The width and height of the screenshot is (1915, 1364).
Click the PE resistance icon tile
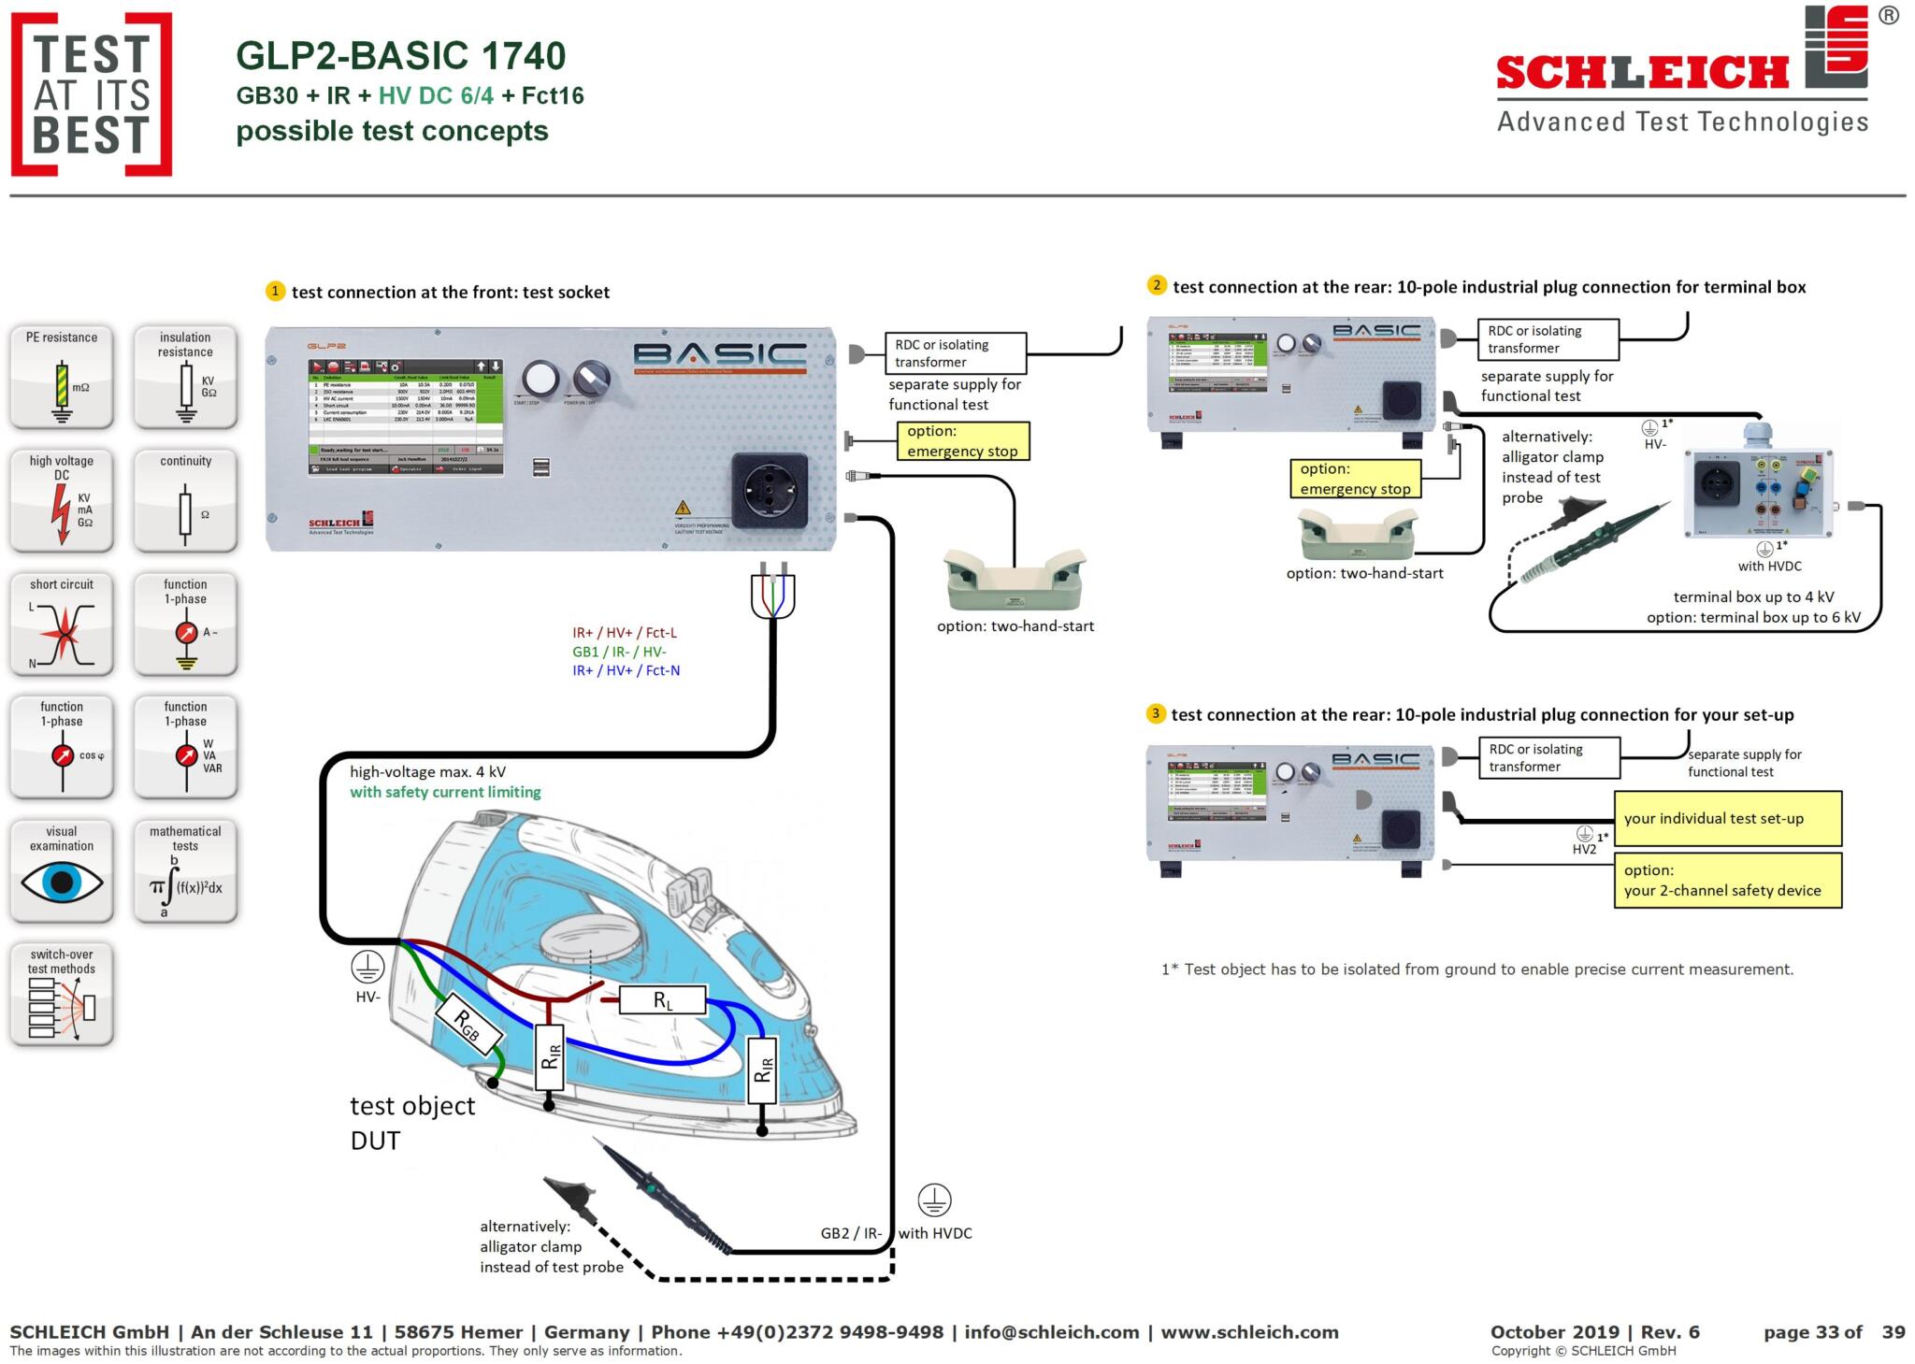[62, 376]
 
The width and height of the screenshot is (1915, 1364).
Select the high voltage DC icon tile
[62, 499]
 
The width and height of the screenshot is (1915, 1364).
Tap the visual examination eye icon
[62, 882]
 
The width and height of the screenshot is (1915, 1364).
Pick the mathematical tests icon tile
[185, 870]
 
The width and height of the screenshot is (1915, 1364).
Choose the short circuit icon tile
[62, 624]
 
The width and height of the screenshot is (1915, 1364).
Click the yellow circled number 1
[275, 291]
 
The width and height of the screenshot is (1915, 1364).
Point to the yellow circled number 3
[1156, 714]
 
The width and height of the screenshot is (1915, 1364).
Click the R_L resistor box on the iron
[662, 1000]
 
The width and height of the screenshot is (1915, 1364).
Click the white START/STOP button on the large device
[540, 380]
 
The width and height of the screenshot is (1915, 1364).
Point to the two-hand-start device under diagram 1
[1015, 580]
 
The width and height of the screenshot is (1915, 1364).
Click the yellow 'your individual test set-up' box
[1727, 818]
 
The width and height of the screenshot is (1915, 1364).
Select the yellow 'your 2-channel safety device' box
[1727, 880]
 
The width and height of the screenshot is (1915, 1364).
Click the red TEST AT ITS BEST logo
[92, 94]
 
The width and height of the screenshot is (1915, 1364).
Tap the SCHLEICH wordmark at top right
[1642, 73]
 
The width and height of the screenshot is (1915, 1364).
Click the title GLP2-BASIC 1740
[400, 56]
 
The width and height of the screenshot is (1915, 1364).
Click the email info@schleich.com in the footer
[1051, 1332]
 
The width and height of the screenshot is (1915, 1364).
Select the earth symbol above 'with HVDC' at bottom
[934, 1199]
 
